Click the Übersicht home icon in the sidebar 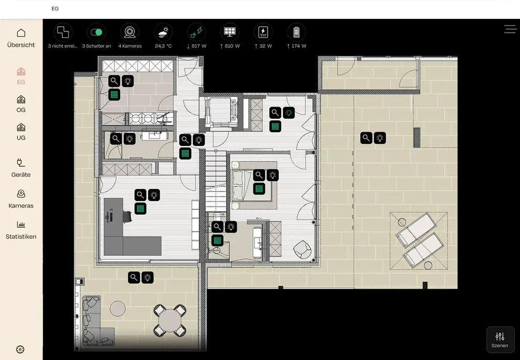click(21, 33)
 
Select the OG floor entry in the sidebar click(21, 103)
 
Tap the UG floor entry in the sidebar click(21, 131)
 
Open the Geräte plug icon click(21, 162)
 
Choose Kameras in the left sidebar click(21, 199)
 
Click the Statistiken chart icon click(21, 225)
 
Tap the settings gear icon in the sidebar click(20, 349)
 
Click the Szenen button click(500, 340)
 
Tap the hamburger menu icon click(510, 29)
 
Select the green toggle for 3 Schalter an click(97, 32)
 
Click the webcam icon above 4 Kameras click(130, 32)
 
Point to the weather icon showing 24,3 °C click(163, 32)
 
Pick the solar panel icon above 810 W click(229, 32)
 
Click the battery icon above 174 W click(296, 32)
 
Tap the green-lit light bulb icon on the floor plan click(289, 113)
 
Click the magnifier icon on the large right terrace click(366, 137)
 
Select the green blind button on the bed click(259, 189)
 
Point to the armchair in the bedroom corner click(302, 249)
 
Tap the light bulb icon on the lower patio click(147, 278)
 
